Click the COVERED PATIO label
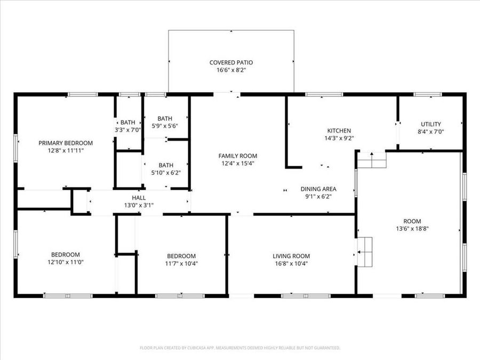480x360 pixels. coord(231,62)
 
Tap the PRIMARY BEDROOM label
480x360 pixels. coord(66,143)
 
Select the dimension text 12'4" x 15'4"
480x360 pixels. coord(238,164)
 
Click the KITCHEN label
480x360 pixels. coord(339,131)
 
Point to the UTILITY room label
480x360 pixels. coord(431,124)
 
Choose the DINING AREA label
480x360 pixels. coord(318,189)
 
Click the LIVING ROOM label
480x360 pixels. coord(291,256)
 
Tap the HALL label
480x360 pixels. coord(139,198)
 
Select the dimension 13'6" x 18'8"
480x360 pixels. coord(412,229)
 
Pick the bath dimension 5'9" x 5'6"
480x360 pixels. coord(165,126)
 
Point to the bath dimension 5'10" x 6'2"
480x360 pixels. coord(166,173)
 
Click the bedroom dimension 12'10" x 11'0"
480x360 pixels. coord(66,262)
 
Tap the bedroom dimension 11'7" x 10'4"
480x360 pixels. coord(181,263)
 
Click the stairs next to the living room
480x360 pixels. coord(365,252)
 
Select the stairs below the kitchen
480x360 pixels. coord(372,160)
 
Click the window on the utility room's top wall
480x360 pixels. coord(427,94)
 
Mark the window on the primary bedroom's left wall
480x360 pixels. coord(15,148)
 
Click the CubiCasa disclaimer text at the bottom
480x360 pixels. coord(240,348)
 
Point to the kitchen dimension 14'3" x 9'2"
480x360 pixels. coord(339,138)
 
